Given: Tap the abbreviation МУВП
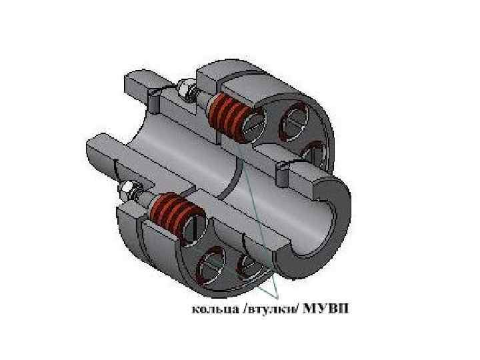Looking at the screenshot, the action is click(x=326, y=308).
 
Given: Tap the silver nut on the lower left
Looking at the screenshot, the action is click(x=127, y=191).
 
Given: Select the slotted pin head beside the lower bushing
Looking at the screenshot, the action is click(x=196, y=227).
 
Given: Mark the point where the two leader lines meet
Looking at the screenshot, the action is click(x=277, y=297).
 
